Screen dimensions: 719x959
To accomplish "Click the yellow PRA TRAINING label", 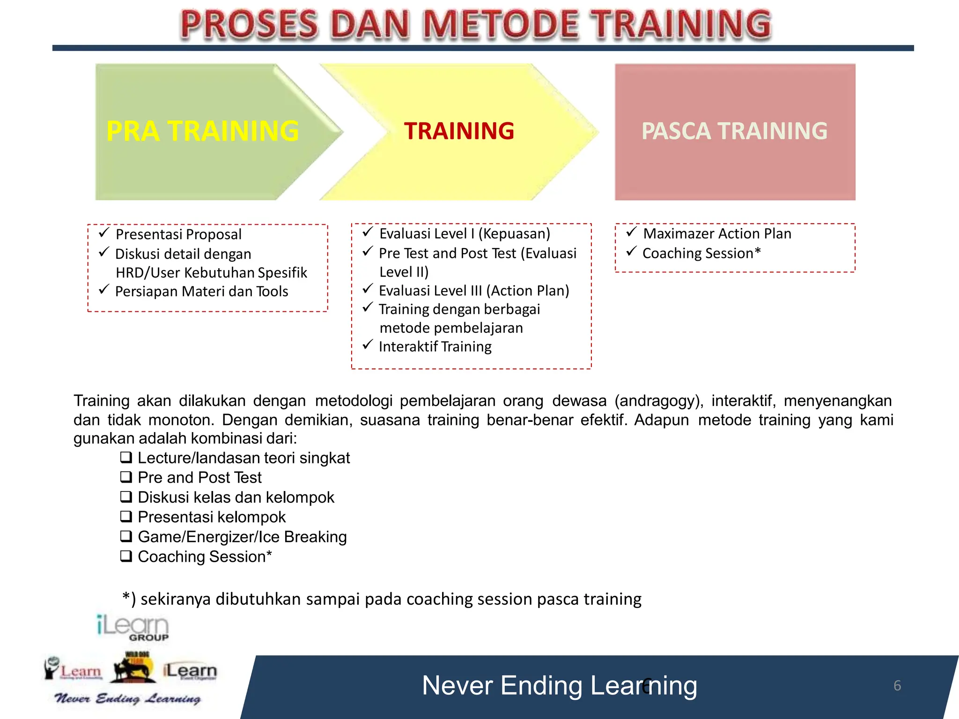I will click(x=202, y=131).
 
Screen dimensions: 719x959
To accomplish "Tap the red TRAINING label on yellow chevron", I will click(x=459, y=131).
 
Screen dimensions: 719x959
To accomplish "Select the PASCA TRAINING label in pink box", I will click(x=734, y=131).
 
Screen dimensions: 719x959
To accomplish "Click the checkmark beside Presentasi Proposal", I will click(x=104, y=232).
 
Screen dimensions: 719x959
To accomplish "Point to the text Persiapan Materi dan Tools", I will click(x=201, y=292).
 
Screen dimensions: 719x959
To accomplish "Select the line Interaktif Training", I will click(x=435, y=347).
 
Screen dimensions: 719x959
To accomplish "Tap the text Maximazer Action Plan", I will click(x=717, y=234).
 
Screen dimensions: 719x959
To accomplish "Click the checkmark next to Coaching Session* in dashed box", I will click(x=631, y=251).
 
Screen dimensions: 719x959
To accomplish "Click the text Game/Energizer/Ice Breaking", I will click(x=242, y=537).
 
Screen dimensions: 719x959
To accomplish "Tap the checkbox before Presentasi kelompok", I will click(x=126, y=516).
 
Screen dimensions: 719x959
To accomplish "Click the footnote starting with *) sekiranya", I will click(x=382, y=599).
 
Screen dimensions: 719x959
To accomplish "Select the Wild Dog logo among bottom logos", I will click(x=134, y=667).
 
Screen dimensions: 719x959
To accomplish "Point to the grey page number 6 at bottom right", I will click(x=897, y=686).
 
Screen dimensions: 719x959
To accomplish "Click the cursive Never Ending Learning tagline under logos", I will click(x=127, y=699).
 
